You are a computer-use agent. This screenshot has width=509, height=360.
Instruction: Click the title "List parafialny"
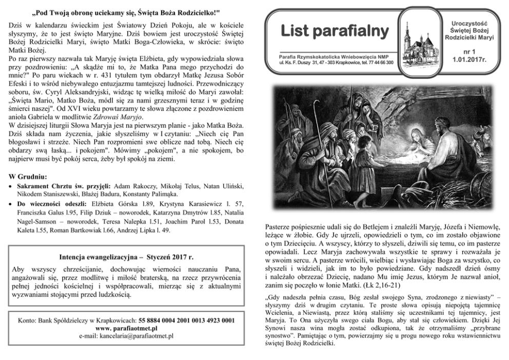(335, 31)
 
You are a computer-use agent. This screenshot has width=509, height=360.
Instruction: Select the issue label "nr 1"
(469, 52)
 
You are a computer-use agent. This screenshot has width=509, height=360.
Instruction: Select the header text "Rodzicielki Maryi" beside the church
(469, 37)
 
